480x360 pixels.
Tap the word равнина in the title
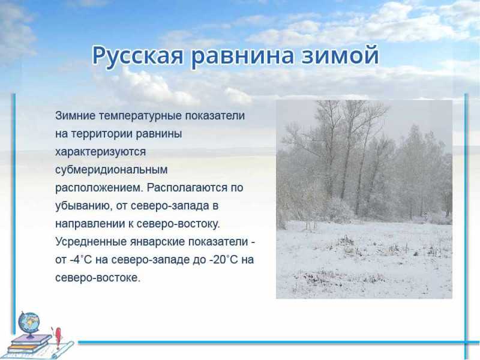pos(243,56)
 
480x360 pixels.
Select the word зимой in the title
pos(340,55)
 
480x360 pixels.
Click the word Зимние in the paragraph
pos(76,116)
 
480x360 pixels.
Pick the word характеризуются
pos(100,152)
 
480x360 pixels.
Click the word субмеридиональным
pos(112,170)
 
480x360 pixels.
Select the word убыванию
pos(83,206)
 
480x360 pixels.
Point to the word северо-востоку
pos(178,224)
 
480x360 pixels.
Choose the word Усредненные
pos(91,242)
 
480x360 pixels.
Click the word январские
pos(157,242)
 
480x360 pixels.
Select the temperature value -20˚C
pos(224,260)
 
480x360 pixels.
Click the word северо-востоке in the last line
pos(98,278)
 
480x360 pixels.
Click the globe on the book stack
pos(29,324)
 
